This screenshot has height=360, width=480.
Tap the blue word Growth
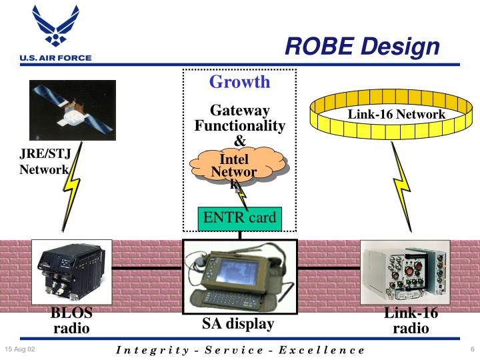tap(239, 82)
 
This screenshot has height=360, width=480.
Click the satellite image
tap(73, 110)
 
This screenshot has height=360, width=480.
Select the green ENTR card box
tap(239, 217)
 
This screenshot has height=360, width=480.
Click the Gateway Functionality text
tap(239, 118)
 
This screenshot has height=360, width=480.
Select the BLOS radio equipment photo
tap(71, 272)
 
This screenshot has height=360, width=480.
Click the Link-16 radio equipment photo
tap(405, 273)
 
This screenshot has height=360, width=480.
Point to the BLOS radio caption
tap(71, 321)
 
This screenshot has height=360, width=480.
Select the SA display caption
tap(238, 325)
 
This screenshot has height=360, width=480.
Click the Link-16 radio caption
tap(411, 321)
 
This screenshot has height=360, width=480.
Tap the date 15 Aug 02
tap(20, 349)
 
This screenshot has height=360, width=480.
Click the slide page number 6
tap(471, 349)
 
